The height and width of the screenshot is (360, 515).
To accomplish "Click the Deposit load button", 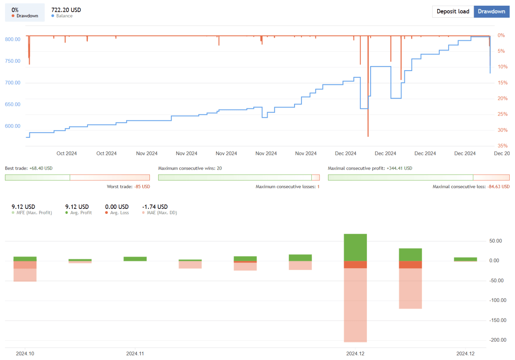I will (x=453, y=11).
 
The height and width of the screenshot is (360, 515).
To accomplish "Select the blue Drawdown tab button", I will (x=491, y=11).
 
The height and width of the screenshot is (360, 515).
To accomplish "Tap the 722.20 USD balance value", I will (x=66, y=10).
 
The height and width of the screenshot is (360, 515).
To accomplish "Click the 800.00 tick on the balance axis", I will (x=13, y=39).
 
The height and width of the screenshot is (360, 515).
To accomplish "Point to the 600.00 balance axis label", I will (x=13, y=126).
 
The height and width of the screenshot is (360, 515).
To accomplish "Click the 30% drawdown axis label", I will (x=502, y=130).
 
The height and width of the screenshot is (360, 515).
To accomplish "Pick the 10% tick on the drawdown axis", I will (x=502, y=67).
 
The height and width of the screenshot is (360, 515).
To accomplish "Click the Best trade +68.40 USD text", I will (x=29, y=168).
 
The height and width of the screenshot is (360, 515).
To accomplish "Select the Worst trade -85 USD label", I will (x=128, y=187).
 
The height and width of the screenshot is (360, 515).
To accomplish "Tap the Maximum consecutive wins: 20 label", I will (x=190, y=168).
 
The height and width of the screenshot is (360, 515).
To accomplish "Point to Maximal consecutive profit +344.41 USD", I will (x=370, y=168).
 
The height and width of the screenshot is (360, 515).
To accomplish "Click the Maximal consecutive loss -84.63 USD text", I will (x=471, y=187).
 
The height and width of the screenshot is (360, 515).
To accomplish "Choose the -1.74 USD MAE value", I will (x=155, y=207).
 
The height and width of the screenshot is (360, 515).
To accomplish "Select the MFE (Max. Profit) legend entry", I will (x=34, y=213).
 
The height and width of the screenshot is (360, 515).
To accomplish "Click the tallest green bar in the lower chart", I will (x=355, y=247).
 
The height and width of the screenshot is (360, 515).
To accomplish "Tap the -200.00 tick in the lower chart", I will (x=498, y=340).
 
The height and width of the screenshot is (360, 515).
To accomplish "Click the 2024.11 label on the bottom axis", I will (x=135, y=354).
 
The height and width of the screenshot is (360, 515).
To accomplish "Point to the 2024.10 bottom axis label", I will (x=25, y=354).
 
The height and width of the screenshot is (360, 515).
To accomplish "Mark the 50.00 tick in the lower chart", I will (x=496, y=241).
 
